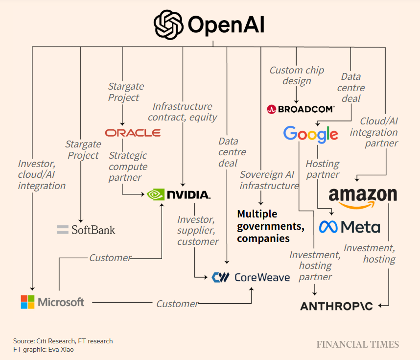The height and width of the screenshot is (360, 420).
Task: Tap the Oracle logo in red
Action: (x=133, y=133)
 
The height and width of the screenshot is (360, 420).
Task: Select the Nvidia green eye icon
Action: (x=156, y=194)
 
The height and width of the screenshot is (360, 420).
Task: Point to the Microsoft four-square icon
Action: (x=28, y=302)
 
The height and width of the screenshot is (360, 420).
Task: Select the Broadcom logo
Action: (x=301, y=109)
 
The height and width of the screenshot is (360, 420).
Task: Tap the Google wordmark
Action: (x=310, y=134)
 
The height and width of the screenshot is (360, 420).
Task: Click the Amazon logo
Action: (x=363, y=196)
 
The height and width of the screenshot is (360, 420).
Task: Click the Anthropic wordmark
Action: (x=336, y=306)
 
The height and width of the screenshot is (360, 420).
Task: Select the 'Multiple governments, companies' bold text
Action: (x=270, y=226)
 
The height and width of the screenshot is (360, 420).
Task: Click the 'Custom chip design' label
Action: (x=297, y=75)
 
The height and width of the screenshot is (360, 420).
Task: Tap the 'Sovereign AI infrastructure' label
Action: (x=269, y=180)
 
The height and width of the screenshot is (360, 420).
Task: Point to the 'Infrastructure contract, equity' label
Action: (x=182, y=112)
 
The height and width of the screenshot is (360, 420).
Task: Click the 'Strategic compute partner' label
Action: (x=128, y=167)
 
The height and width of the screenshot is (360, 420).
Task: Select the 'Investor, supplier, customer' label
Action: (x=198, y=231)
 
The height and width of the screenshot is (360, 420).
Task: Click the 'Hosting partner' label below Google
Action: (x=322, y=169)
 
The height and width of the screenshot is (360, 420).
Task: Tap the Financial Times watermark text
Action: (x=357, y=344)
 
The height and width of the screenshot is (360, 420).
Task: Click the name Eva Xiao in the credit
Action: (x=65, y=349)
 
